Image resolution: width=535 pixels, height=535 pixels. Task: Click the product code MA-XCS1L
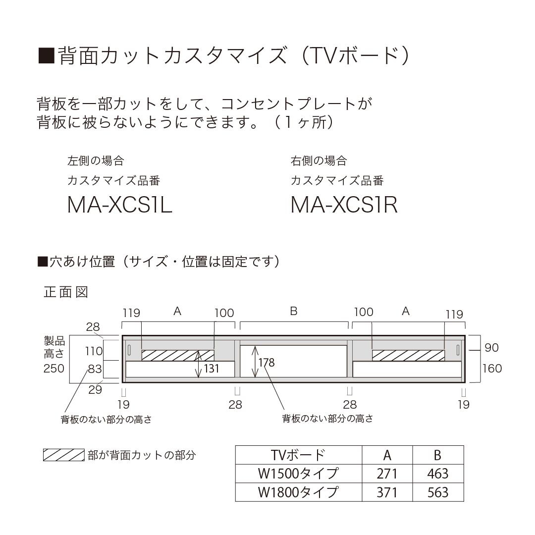[119, 205]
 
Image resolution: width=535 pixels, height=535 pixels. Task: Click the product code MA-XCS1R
[344, 205]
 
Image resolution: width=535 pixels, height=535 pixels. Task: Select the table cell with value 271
[387, 474]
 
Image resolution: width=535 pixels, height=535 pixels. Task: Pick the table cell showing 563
[437, 492]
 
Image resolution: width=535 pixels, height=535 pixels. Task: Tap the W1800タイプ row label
[298, 492]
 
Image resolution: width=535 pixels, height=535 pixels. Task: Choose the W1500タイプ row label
[298, 474]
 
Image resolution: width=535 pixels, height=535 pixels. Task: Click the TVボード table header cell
[298, 455]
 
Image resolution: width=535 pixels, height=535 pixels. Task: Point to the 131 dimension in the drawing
[212, 369]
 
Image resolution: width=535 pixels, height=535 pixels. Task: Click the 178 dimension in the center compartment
[266, 362]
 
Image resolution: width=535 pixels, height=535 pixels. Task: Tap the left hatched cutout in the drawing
[177, 355]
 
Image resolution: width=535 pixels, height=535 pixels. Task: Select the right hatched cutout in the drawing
[408, 355]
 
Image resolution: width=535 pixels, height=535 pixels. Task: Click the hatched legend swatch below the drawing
[63, 455]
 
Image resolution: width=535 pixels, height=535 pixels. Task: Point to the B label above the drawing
[293, 311]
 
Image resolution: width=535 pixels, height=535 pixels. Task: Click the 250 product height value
[53, 368]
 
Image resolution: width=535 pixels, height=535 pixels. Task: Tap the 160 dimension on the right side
[492, 368]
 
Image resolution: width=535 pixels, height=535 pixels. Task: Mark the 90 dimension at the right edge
[491, 348]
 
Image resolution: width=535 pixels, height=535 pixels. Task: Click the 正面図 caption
[66, 292]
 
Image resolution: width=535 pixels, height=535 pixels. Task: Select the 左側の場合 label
[96, 160]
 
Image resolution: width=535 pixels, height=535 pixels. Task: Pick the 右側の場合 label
[319, 160]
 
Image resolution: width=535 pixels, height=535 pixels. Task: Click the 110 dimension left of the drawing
[94, 351]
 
